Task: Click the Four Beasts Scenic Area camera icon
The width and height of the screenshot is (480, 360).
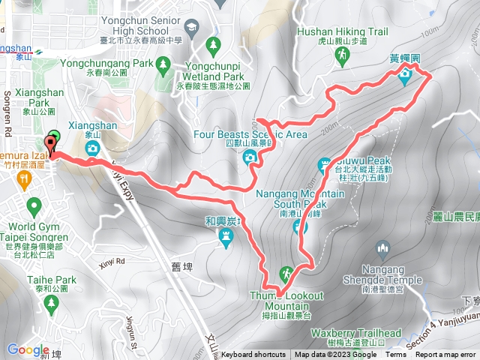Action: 250,157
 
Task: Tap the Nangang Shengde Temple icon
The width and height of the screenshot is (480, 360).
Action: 382,247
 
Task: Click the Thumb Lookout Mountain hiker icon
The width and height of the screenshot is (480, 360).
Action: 285,273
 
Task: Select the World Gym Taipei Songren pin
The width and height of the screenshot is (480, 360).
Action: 33,205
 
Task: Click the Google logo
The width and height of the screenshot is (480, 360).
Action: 28,349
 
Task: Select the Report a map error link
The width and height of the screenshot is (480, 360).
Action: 448,355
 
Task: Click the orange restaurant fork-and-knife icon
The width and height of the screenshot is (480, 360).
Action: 25,178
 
